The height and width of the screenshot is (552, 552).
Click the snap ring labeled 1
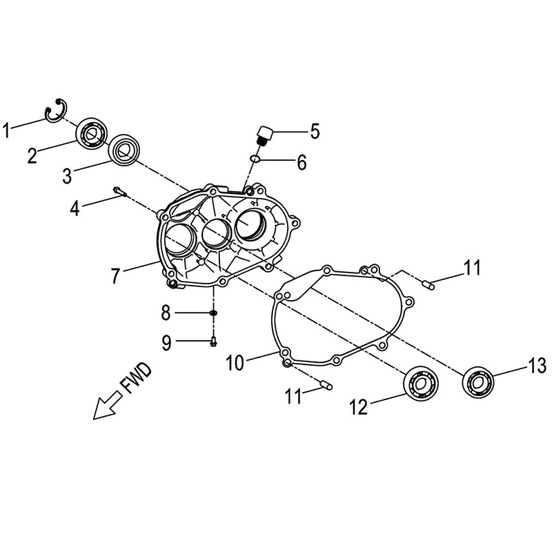tap(56, 110)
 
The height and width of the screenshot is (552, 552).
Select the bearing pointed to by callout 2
tap(92, 133)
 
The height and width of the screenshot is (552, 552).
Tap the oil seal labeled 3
tap(124, 149)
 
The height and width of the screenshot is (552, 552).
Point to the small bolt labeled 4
tap(119, 191)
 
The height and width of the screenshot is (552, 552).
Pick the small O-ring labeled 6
tap(255, 159)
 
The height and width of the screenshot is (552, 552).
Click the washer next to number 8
tap(213, 313)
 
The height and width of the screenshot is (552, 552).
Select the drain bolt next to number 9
tap(213, 341)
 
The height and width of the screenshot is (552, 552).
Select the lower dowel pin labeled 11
tap(326, 385)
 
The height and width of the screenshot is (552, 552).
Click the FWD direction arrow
tap(107, 406)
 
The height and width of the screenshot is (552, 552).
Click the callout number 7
tap(116, 275)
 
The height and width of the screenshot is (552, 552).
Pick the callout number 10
tap(235, 363)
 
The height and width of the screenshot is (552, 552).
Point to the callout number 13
tap(537, 366)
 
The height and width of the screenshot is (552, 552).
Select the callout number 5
tap(315, 131)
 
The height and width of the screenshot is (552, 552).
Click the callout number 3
tap(67, 176)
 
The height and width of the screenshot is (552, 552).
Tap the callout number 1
tap(6, 130)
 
